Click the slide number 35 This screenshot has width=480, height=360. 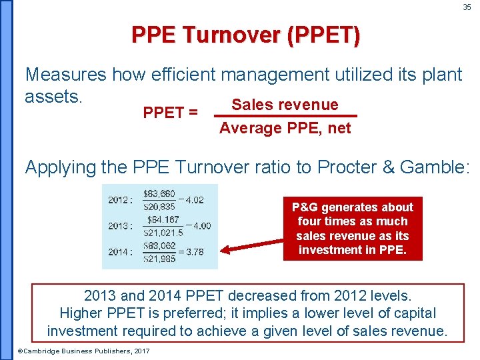[x=467, y=7]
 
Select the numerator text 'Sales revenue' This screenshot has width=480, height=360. [x=285, y=105]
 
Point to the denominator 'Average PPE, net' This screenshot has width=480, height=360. [x=285, y=128]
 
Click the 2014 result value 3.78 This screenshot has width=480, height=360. [x=195, y=252]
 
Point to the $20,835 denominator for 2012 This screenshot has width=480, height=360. [x=159, y=207]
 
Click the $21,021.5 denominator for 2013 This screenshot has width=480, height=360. [x=163, y=233]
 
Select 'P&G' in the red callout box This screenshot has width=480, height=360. [x=304, y=207]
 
